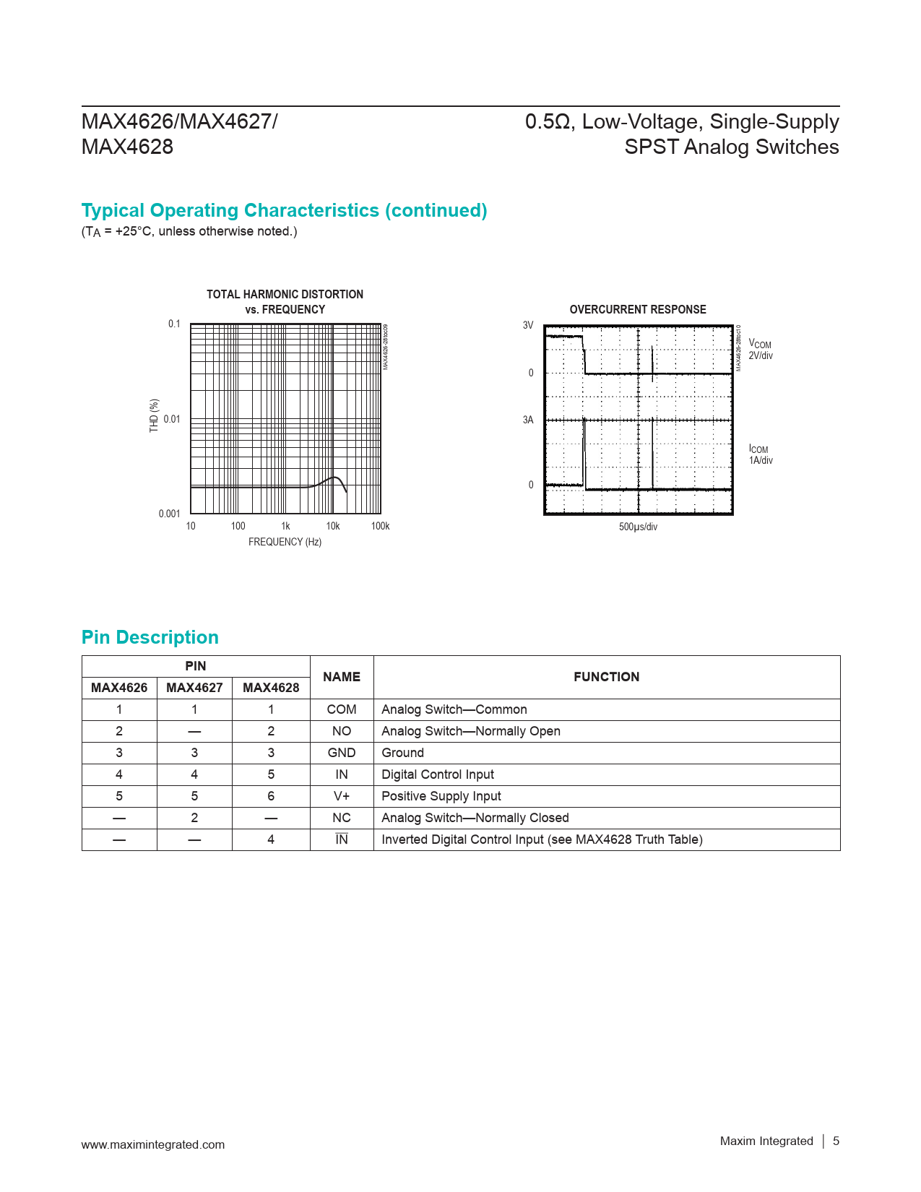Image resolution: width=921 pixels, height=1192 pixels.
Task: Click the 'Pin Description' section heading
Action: click(x=150, y=637)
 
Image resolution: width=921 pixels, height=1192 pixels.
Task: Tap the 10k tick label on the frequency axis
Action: click(x=333, y=526)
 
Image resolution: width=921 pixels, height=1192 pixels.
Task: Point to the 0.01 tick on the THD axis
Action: click(x=172, y=419)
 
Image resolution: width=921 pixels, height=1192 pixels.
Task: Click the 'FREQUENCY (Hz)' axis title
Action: click(x=285, y=542)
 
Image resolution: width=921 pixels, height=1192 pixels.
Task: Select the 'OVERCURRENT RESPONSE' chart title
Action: click(x=638, y=309)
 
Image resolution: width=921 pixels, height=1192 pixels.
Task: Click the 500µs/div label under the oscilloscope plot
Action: click(x=638, y=527)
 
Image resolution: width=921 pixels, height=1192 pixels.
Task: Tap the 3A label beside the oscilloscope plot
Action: click(x=528, y=420)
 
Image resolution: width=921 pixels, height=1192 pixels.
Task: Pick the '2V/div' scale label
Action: click(x=761, y=355)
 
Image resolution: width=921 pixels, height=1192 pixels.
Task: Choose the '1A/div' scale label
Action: click(x=761, y=460)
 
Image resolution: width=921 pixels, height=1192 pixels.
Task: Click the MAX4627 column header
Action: click(x=194, y=688)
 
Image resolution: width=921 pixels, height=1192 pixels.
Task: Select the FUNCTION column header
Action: click(x=606, y=677)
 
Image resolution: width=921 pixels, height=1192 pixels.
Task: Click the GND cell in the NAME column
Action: click(x=342, y=753)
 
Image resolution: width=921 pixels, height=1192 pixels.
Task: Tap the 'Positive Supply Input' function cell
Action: click(x=441, y=796)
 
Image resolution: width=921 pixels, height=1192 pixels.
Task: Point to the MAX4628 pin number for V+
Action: click(x=271, y=796)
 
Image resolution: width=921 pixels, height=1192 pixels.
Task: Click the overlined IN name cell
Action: click(x=342, y=839)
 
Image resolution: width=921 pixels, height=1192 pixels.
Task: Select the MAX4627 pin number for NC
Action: click(x=194, y=818)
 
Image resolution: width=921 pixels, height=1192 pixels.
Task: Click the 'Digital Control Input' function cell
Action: click(x=438, y=774)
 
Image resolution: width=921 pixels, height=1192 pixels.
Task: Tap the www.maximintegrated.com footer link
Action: click(x=153, y=1144)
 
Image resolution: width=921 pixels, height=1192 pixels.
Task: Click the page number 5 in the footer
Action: click(x=836, y=1141)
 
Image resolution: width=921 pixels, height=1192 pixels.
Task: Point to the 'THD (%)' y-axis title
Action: click(x=154, y=416)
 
